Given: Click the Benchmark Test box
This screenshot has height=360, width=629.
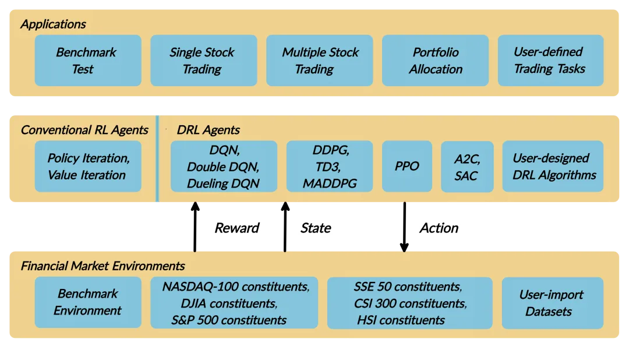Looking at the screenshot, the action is click(x=88, y=61).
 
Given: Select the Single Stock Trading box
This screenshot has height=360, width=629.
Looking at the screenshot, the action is click(x=203, y=61).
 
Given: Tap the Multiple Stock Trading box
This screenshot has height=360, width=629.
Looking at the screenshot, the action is click(x=319, y=61).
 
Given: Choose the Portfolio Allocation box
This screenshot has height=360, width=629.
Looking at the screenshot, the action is click(x=435, y=61).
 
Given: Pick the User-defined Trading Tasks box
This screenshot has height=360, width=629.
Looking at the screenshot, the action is click(x=550, y=61).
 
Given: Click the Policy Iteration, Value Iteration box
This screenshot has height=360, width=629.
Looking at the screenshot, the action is click(x=88, y=166).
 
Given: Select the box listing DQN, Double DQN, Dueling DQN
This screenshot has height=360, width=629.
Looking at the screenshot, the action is click(x=224, y=166).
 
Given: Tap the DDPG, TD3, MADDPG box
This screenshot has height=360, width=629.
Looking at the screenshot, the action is click(x=330, y=166).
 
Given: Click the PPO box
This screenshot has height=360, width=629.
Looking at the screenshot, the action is click(x=407, y=166).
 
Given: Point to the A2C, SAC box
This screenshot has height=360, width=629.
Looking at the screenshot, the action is click(x=467, y=167).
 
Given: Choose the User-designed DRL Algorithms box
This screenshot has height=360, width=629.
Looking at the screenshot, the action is click(x=554, y=166).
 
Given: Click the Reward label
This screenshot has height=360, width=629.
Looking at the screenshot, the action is click(x=237, y=228).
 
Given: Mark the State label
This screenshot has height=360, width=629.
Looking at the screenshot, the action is click(x=316, y=228).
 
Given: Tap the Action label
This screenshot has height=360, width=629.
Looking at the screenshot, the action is click(x=439, y=228).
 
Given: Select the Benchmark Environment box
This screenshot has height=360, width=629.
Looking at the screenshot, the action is click(x=88, y=302).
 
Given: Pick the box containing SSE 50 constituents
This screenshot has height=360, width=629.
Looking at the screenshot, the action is click(x=409, y=303).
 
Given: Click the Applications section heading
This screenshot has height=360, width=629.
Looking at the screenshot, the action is click(x=53, y=24).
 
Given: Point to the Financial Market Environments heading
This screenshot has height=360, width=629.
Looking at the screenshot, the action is click(x=103, y=266).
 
